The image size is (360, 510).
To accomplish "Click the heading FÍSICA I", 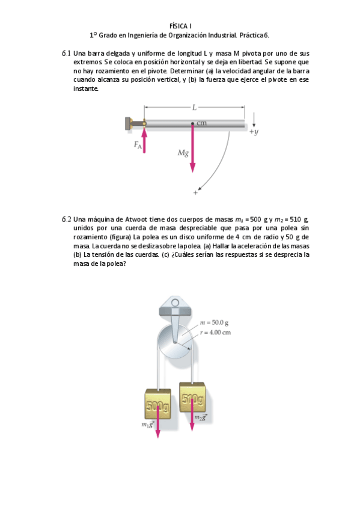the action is (180, 26).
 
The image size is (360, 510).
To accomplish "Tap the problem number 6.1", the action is (66, 54).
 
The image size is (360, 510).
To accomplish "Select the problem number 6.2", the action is (66, 219).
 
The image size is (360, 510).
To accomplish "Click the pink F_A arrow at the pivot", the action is (144, 138).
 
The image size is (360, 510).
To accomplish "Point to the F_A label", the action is (138, 146).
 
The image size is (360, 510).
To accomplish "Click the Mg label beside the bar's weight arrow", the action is (183, 153).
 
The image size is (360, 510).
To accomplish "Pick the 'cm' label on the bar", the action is (201, 123).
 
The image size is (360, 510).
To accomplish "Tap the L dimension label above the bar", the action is (194, 108).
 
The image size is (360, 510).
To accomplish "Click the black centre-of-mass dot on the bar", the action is (193, 124).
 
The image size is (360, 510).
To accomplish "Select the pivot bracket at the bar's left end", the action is (130, 123).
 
